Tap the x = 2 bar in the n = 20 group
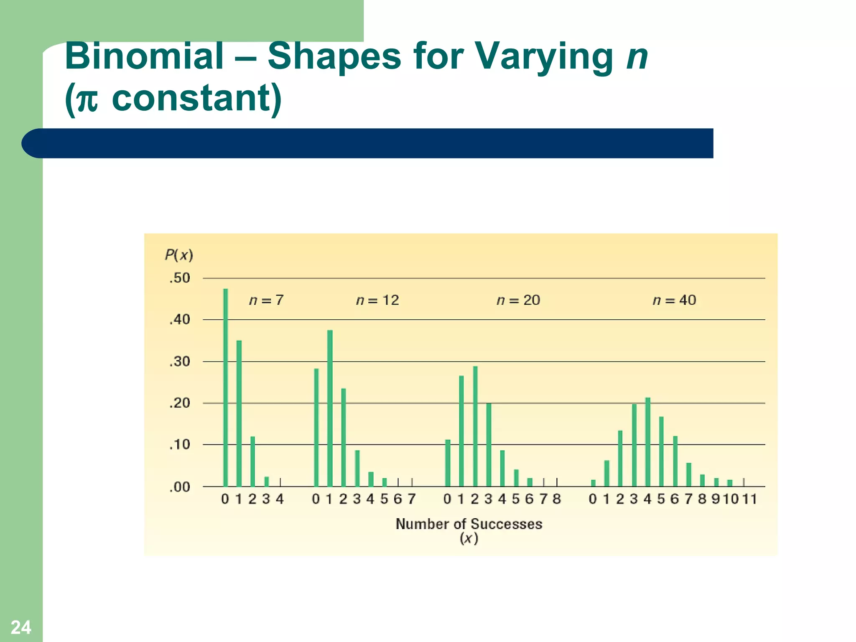[x=475, y=426]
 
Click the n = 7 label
[x=266, y=300]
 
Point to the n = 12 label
[x=377, y=300]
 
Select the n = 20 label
[x=518, y=300]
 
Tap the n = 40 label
[x=674, y=300]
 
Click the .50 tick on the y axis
[x=180, y=278]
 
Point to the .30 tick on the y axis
[x=180, y=362]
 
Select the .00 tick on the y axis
[x=180, y=487]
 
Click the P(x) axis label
[x=179, y=255]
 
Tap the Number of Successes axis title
[x=469, y=524]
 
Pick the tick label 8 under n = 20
[x=557, y=499]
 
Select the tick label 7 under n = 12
[x=412, y=499]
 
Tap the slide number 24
[x=21, y=627]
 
